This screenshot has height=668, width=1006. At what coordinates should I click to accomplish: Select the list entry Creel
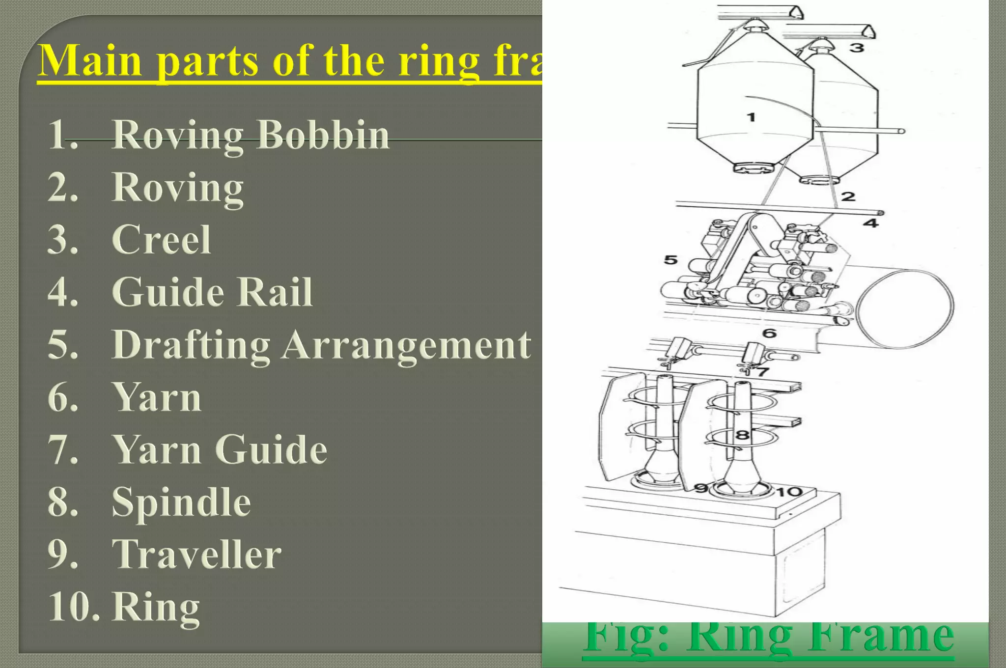point(162,240)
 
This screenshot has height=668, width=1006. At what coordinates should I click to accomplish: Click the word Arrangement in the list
point(407,345)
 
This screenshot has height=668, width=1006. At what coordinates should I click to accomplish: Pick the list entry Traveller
point(196,555)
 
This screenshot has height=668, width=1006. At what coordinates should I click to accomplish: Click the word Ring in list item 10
point(156,607)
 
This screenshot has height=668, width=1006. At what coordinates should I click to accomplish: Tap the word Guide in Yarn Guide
point(271,449)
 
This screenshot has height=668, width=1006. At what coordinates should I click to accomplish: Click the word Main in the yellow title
point(90,61)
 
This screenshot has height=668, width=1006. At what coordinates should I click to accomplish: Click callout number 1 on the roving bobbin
point(751,117)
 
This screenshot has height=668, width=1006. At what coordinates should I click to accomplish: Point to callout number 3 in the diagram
point(857,48)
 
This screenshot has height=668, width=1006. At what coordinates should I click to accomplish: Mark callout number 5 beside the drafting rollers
point(671,259)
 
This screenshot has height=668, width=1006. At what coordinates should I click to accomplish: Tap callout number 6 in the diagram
point(769,334)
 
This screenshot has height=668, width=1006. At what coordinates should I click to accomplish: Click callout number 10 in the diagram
point(789,492)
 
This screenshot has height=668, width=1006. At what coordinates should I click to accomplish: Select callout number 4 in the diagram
point(870,223)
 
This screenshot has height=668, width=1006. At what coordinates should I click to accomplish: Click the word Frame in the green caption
point(881,637)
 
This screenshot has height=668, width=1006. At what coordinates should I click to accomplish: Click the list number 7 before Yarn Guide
point(62,449)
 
